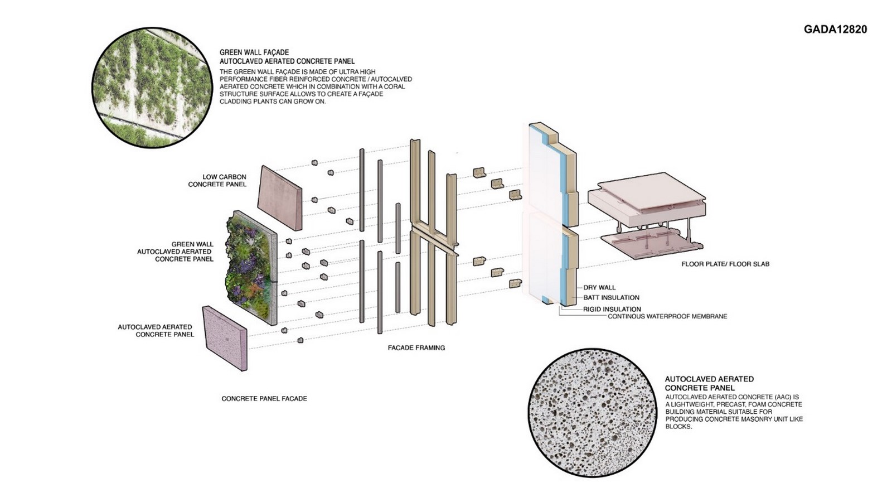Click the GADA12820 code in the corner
coord(835,30)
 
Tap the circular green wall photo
coord(152,88)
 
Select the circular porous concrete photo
coord(592,413)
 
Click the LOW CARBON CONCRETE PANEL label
coord(217,180)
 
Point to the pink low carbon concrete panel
coord(280,197)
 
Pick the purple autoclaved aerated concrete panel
coord(225,338)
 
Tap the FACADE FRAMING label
coord(416,347)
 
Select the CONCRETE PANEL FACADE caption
coord(264,398)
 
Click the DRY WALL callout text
coord(599,287)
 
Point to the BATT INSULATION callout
coord(611,298)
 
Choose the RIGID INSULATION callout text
coord(612,309)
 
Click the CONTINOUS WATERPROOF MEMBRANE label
coord(667,316)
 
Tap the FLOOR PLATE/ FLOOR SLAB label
coord(725,264)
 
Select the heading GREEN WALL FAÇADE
coord(254,52)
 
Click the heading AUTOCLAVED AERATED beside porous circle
coord(709,379)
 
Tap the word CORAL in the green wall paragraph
coord(394,86)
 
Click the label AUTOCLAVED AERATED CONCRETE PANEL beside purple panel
coord(156,331)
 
